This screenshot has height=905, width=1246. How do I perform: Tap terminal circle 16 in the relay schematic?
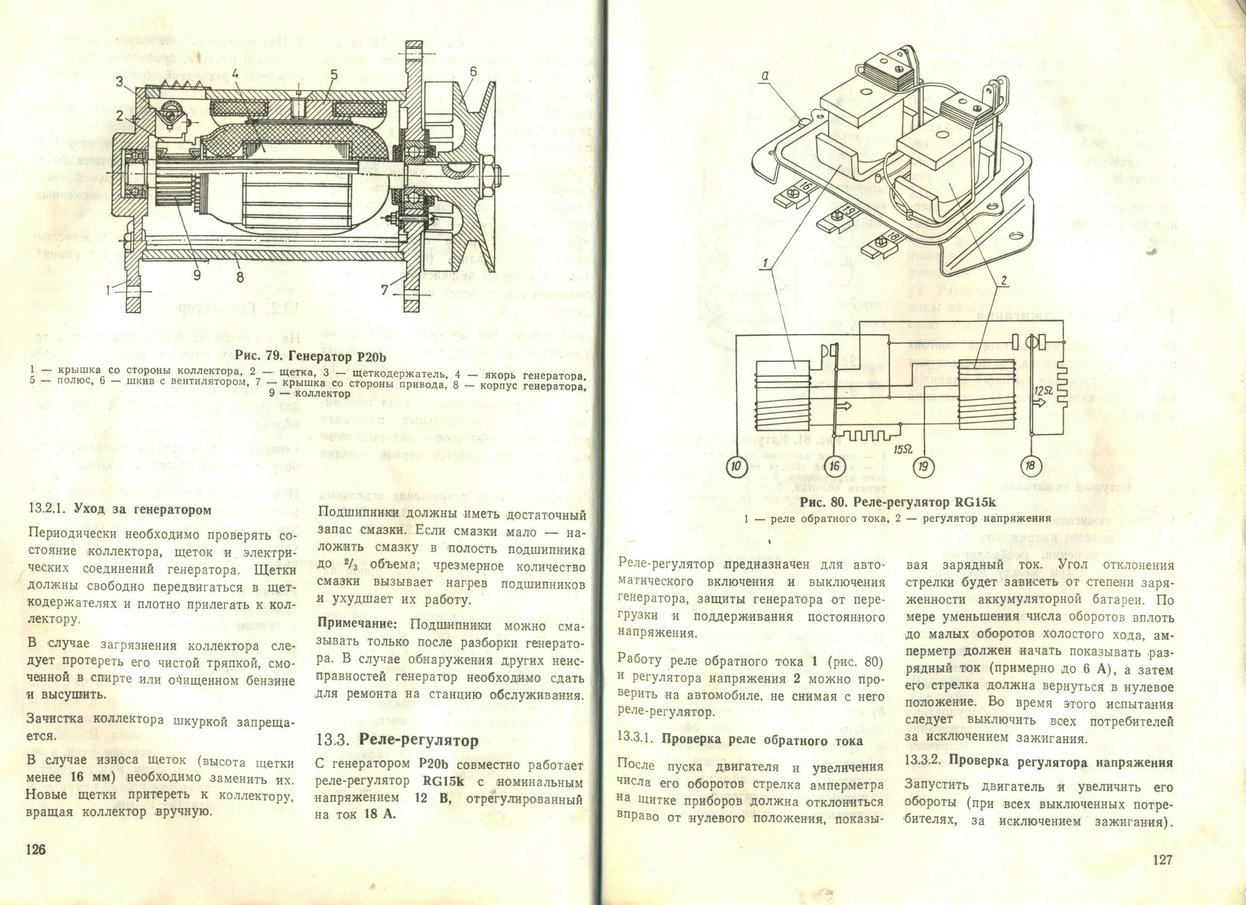[834, 467]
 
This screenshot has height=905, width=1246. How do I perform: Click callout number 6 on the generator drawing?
[473, 73]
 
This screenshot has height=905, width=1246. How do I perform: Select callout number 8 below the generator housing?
[240, 278]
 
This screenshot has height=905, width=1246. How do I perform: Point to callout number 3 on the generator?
[119, 82]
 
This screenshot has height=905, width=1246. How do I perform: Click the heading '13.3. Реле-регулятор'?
[397, 741]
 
